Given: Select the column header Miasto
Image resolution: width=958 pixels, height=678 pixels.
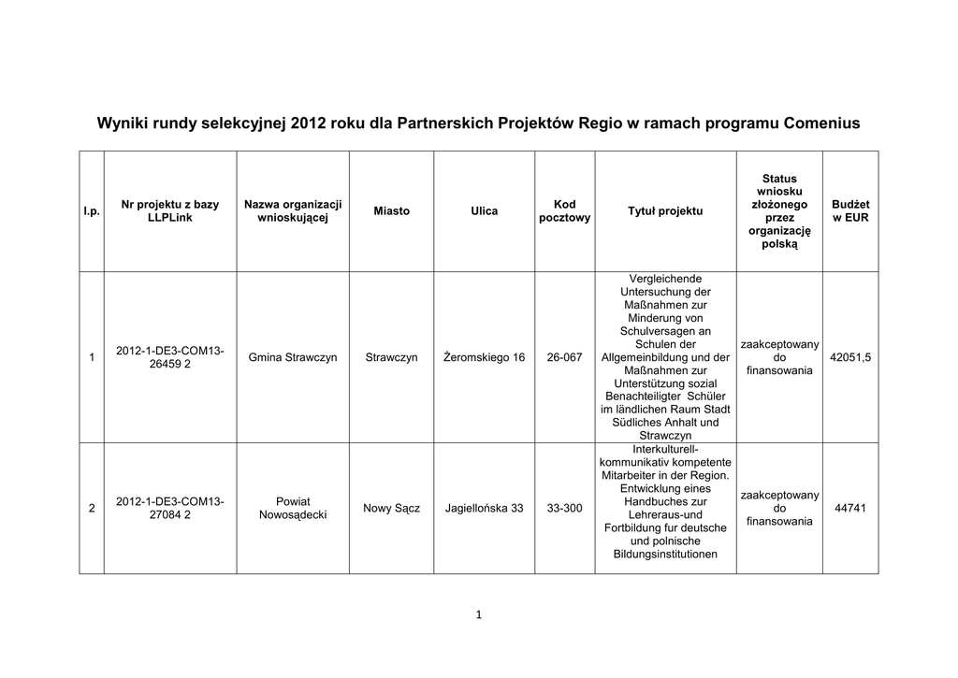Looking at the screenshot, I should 391,211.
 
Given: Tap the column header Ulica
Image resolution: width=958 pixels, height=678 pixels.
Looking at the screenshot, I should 484,211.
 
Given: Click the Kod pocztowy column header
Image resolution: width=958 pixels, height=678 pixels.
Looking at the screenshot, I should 564,211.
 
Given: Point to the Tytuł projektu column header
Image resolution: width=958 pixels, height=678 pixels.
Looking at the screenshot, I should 664,211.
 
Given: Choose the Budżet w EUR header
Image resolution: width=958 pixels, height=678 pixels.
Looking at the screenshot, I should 850,211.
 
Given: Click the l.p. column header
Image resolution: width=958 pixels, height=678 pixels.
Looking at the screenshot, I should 92,212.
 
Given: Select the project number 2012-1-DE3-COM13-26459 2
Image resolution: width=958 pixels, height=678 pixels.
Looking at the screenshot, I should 169,357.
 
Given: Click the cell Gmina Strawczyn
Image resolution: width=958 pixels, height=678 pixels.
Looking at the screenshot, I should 293,358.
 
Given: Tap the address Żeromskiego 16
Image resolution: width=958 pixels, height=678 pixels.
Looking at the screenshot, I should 484,358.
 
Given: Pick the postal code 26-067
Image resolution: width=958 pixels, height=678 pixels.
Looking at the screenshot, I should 564,358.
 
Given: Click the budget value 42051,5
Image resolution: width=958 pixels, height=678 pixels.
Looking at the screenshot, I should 850,358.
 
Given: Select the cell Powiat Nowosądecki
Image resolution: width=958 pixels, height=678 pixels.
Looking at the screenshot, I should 293,508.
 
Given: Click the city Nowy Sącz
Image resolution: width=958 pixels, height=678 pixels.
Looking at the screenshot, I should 391,509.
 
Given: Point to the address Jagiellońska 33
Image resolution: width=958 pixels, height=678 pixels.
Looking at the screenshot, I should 484,509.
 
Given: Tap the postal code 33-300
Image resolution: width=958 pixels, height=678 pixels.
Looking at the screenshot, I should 564,509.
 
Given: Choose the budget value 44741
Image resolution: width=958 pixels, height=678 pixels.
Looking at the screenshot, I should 850,509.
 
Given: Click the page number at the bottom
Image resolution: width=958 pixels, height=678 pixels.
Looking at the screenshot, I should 478,614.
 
